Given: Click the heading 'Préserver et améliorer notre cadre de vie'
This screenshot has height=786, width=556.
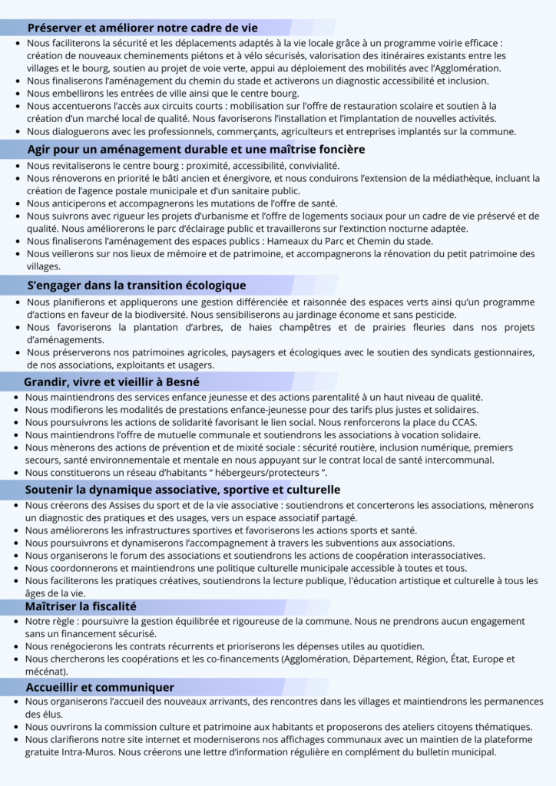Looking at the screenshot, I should (x=143, y=28).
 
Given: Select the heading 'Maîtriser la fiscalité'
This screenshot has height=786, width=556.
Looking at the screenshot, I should (x=81, y=606).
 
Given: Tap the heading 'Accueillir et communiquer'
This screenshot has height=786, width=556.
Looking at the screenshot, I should (x=100, y=687).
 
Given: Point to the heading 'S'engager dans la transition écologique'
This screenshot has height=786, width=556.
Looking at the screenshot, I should (x=137, y=286).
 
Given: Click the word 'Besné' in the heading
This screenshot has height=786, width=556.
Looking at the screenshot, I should (x=182, y=381).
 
